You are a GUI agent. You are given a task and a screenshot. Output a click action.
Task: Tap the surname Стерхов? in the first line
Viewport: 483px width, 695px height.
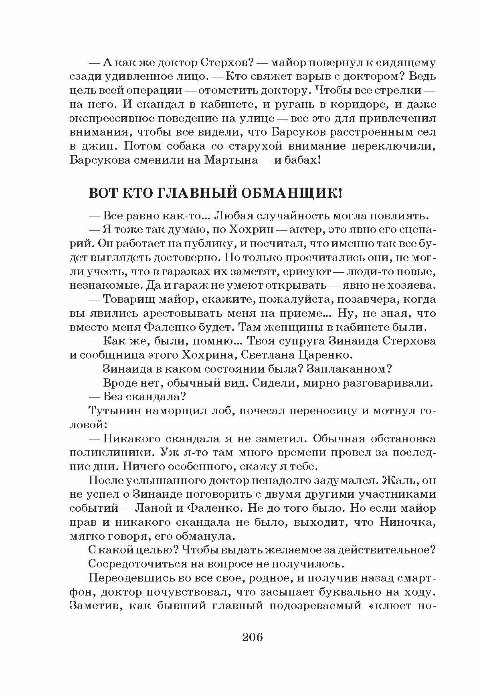[225, 63]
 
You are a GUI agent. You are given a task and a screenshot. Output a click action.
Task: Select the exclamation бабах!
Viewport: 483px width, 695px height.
[299, 160]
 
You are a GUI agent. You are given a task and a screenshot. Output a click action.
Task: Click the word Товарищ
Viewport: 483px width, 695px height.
[128, 299]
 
